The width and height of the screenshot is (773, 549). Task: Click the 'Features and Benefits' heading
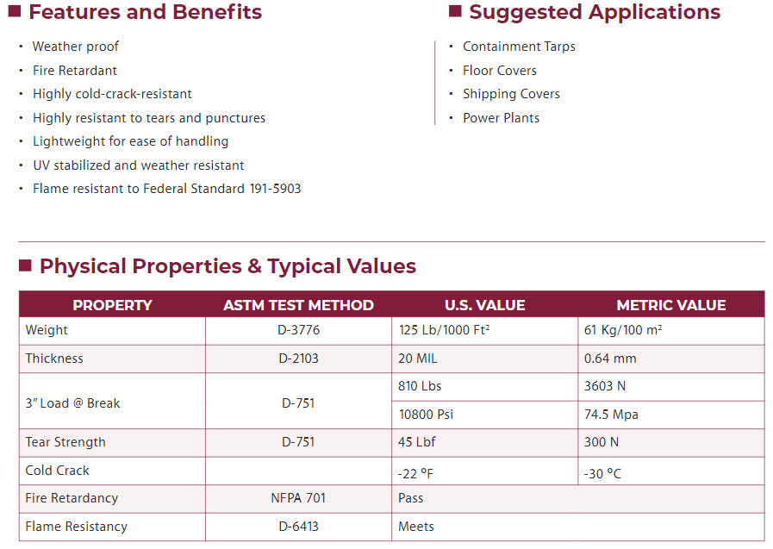(x=145, y=12)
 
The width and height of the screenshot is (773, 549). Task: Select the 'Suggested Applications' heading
(x=595, y=12)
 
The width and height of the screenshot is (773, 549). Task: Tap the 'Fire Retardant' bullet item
(x=75, y=71)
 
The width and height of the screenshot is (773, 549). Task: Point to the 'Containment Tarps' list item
(x=519, y=47)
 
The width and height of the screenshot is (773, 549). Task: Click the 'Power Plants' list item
(x=501, y=118)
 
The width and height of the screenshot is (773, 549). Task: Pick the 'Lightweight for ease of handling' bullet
(x=131, y=141)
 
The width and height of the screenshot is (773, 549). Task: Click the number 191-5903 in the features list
(x=275, y=189)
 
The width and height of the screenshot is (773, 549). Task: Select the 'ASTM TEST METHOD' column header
(x=298, y=305)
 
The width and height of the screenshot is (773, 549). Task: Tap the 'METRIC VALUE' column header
(x=670, y=305)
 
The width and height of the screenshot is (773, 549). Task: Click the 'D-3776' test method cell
(x=298, y=330)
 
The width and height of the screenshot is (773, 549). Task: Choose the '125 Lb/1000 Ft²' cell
(x=444, y=330)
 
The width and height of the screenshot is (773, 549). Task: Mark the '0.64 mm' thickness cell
(x=610, y=359)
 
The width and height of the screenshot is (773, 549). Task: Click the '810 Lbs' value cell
(x=420, y=386)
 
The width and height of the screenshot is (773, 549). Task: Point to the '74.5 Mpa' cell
(x=611, y=415)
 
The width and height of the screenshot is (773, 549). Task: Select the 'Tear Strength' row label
(x=65, y=442)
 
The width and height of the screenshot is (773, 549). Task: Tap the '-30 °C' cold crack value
(x=602, y=473)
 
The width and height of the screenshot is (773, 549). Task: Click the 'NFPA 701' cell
(x=298, y=498)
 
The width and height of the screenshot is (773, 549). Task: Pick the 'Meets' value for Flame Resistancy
(x=416, y=527)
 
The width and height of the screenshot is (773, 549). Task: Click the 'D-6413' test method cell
(x=298, y=527)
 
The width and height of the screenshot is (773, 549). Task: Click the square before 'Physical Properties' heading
(x=25, y=265)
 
